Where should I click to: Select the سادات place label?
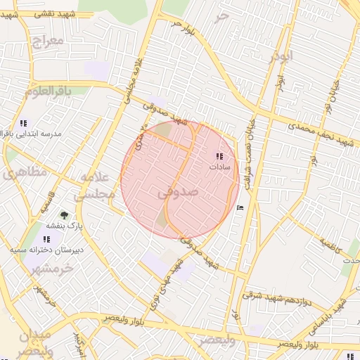220,168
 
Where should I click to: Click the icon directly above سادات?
220,157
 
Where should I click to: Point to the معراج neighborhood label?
48,40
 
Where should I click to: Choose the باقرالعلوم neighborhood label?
48,92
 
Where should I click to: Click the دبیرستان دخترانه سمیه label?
46,250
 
